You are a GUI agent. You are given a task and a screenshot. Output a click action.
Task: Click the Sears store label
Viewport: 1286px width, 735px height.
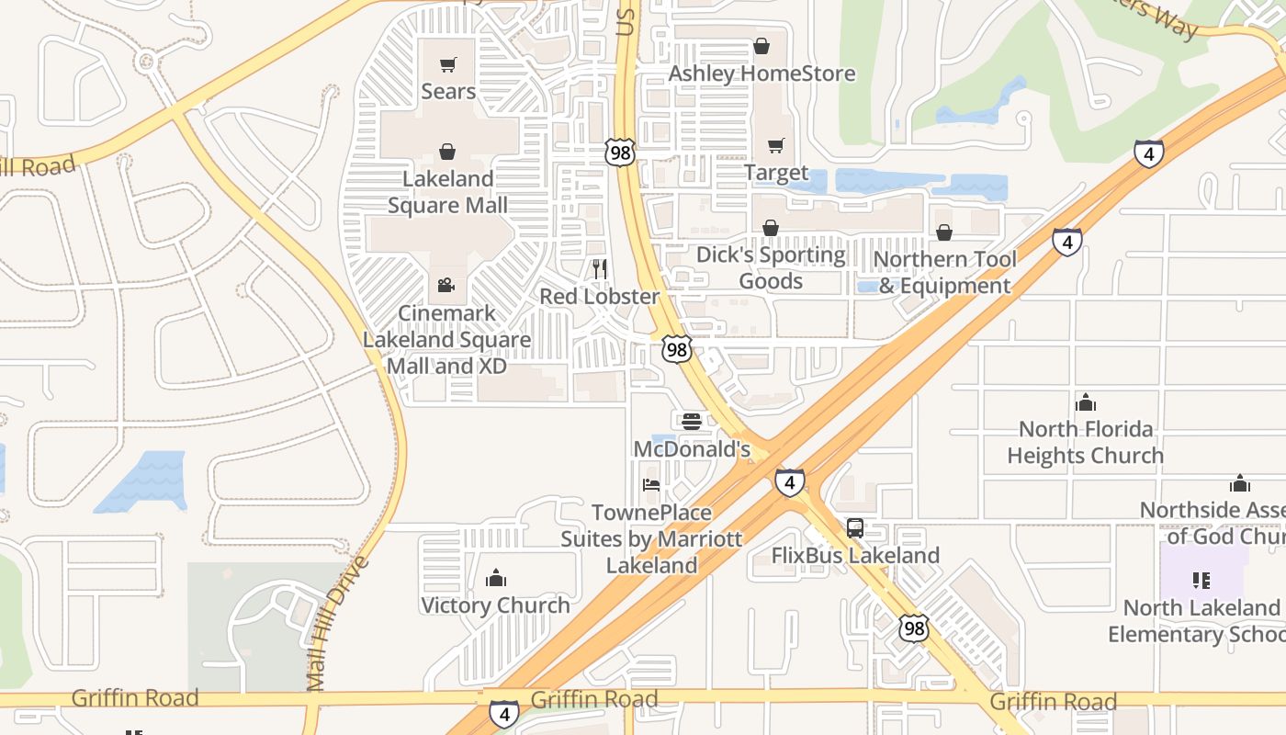448,91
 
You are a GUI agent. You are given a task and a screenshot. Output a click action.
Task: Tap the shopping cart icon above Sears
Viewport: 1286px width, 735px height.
448,65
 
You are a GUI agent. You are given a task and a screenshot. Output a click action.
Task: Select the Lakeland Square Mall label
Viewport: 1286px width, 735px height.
447,192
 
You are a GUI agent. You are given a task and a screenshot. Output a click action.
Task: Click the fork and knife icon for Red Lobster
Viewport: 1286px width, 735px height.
600,269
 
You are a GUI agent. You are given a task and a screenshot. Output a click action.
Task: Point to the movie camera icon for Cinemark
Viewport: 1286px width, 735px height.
446,286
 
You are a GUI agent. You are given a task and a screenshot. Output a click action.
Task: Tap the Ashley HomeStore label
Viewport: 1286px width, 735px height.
761,73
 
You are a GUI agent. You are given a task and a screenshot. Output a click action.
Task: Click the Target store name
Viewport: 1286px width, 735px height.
776,173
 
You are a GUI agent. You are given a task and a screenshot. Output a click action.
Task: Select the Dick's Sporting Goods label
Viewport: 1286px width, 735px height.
771,267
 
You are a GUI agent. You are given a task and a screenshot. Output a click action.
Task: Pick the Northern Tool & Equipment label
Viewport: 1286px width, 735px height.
944,272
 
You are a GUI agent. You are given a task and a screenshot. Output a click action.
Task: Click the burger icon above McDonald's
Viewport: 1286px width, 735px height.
692,422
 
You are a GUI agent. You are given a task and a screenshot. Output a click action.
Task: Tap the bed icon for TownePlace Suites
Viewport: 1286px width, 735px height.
651,485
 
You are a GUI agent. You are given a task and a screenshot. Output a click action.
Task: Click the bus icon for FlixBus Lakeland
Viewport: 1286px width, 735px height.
855,528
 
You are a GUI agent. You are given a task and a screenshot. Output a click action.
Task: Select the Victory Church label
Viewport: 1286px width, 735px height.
495,605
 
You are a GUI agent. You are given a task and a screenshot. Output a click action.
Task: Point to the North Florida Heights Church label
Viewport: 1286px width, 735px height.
1085,442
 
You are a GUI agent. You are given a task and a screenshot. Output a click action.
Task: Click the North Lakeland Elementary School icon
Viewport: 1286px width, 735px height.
1201,581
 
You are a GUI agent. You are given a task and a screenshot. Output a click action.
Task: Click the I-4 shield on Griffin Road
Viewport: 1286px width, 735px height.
503,713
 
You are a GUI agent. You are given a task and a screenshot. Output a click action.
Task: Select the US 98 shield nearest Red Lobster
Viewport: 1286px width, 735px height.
676,349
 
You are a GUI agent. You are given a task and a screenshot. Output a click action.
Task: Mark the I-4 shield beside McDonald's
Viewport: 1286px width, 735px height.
789,482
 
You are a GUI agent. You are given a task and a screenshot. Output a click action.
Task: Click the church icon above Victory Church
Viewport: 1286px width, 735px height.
496,578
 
